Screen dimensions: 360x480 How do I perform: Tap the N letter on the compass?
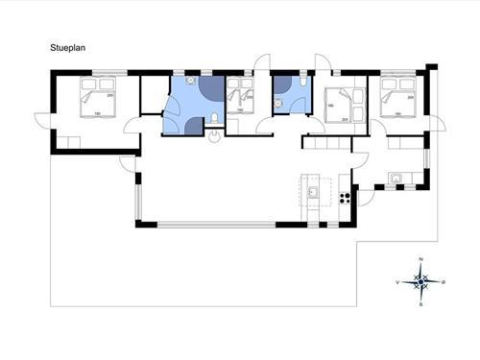[x=420, y=259]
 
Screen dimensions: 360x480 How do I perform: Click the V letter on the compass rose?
[x=398, y=282]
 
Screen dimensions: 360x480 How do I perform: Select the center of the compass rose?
[x=420, y=281]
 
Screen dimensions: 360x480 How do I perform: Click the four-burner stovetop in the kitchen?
[x=344, y=198]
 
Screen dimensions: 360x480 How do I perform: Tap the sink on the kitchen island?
[x=315, y=195]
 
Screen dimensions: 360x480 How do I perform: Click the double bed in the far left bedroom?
[x=96, y=100]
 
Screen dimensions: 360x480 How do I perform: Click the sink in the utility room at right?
[x=395, y=178]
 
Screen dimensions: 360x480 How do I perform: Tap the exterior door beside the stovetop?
[x=366, y=196]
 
